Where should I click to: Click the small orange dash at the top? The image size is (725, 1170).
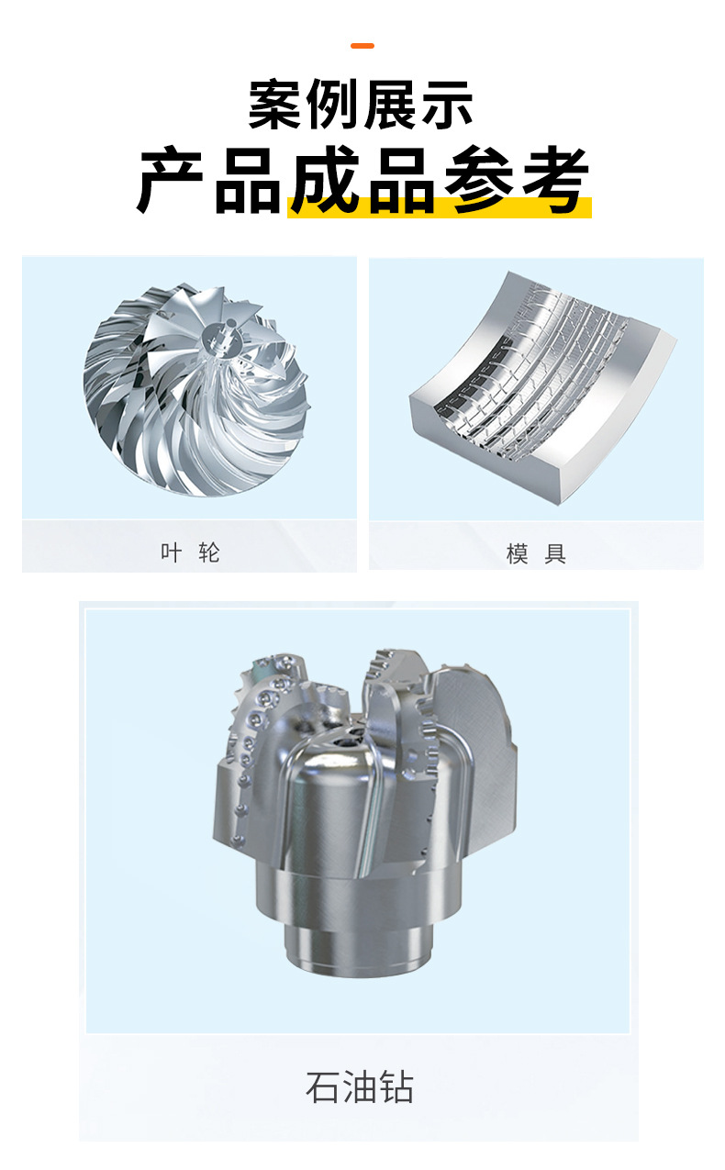tap(362, 46)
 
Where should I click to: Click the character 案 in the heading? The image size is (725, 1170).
tap(274, 105)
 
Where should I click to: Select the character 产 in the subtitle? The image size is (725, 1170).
tap(170, 180)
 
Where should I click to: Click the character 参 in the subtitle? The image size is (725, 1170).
tap(478, 180)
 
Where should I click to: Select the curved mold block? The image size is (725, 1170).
tap(543, 387)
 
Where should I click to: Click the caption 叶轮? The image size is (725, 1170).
tap(190, 552)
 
